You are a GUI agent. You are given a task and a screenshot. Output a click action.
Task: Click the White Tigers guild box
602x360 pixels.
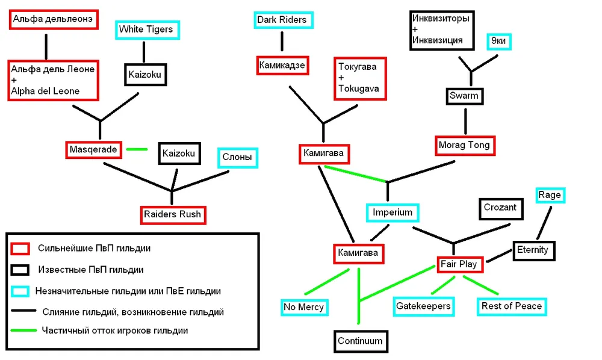pos(146,29)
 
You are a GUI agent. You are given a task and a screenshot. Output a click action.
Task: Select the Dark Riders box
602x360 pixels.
pos(282,20)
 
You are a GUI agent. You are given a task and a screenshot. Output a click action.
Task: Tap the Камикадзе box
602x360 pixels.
pos(282,64)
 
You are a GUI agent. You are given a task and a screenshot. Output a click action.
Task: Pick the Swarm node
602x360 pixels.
pos(464,96)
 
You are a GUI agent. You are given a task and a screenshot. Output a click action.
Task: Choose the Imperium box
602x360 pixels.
pos(392,213)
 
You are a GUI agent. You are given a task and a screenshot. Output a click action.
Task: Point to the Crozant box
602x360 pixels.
pos(500,208)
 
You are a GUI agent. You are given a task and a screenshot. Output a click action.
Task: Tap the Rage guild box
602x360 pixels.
pos(549,195)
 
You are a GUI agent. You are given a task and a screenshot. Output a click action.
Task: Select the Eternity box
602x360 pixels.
pos(534,250)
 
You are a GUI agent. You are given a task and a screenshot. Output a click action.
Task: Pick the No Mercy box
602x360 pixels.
pos(304,307)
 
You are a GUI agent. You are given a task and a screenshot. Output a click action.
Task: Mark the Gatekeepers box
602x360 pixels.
pos(423,306)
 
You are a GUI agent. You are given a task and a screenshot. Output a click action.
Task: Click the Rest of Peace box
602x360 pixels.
pos(511,306)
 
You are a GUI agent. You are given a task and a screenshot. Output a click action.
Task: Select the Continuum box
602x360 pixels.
pos(360,341)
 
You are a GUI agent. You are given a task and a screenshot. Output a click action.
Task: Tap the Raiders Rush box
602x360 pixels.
pos(172,214)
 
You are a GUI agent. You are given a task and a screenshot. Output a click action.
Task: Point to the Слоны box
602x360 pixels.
pos(237,158)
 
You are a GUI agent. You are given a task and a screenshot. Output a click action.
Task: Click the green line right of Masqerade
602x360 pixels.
pos(138,149)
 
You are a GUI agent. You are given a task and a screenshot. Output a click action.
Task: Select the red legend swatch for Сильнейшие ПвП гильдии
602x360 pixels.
pos(20,248)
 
